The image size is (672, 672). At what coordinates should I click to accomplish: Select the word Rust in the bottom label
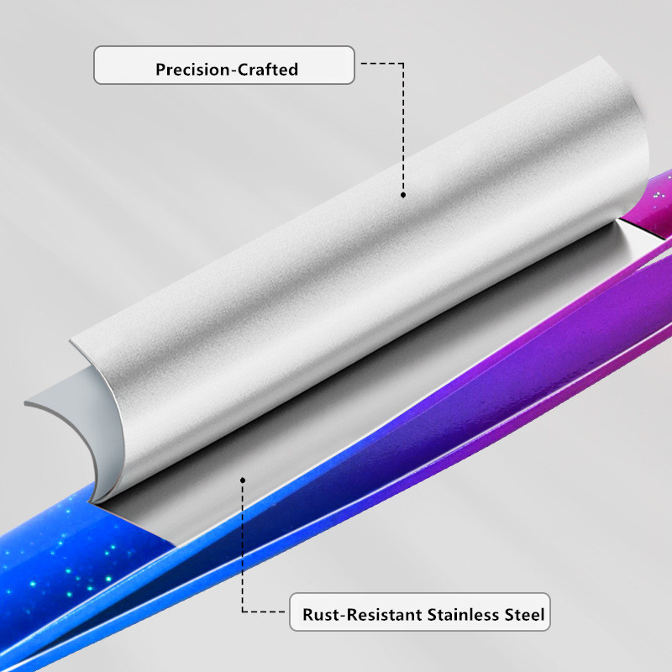(x=320, y=615)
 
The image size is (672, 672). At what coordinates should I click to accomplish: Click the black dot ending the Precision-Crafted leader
(x=403, y=195)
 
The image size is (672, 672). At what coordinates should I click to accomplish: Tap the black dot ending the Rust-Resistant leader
(x=243, y=480)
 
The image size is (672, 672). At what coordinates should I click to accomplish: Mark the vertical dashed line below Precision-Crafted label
(x=404, y=126)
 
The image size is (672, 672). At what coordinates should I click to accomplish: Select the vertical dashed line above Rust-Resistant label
(x=243, y=546)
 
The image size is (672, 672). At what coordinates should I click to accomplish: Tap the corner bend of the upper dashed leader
(x=404, y=62)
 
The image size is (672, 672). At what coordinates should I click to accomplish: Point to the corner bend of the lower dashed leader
(x=244, y=611)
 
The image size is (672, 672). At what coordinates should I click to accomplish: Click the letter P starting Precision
(x=160, y=70)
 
